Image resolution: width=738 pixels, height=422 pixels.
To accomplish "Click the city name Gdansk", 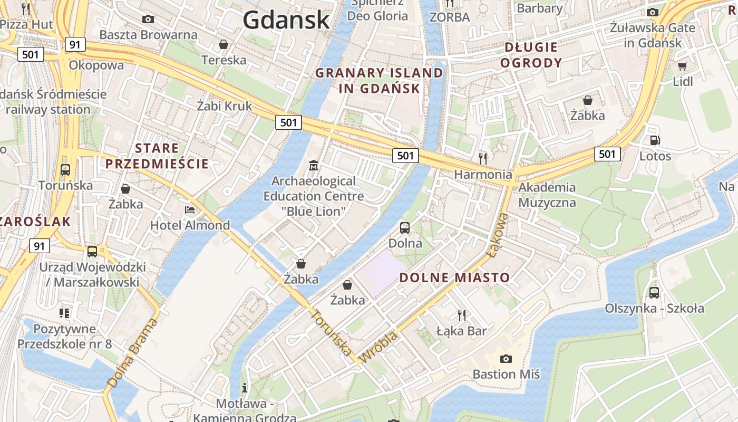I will (286, 20).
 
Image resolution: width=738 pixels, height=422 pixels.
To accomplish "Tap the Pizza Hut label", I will (27, 24).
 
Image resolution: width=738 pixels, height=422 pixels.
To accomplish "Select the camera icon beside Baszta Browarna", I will (148, 20).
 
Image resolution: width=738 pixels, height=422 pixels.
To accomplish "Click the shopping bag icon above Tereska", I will (224, 44).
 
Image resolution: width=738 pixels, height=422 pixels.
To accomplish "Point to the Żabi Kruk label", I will (224, 105).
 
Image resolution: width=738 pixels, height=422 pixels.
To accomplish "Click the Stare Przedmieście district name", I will (157, 156).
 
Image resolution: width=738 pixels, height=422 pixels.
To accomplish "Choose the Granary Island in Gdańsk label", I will (379, 80).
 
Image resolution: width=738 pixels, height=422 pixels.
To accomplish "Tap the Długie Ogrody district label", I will (531, 55).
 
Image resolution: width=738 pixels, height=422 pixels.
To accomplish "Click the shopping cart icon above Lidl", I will (682, 66).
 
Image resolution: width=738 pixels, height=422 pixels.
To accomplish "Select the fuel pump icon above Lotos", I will (655, 140).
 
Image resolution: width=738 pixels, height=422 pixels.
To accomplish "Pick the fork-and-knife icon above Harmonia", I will (482, 158).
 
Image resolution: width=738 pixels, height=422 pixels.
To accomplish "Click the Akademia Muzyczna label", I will (547, 195).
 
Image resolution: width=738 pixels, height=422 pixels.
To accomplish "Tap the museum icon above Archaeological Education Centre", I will (314, 166).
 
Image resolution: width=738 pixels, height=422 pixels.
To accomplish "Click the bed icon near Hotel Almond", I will (190, 210).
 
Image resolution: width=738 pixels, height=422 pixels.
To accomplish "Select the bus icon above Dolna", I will (404, 228).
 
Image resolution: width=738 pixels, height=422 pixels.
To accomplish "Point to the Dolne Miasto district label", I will (454, 277).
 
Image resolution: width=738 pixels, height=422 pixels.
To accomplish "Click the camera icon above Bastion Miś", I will (506, 359).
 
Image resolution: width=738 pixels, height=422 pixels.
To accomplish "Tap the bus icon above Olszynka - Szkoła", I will (654, 293).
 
